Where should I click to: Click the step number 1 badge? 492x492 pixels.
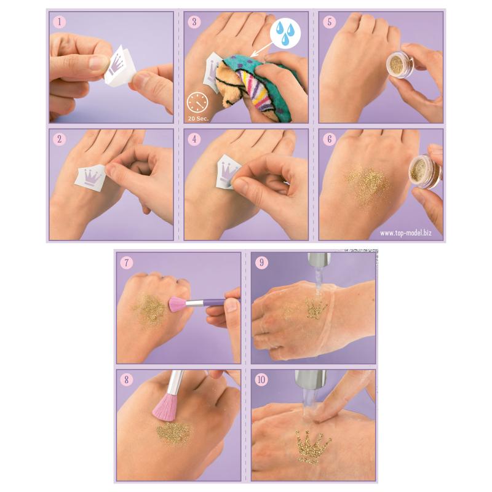[x=59, y=22]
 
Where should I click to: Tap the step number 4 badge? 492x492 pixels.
[x=194, y=140]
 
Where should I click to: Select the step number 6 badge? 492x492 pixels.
[x=330, y=140]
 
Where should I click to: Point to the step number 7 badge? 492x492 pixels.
[x=127, y=263]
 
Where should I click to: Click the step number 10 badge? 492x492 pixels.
[x=262, y=380]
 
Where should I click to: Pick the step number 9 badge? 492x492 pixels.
[x=262, y=263]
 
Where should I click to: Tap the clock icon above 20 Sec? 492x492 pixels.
[x=197, y=103]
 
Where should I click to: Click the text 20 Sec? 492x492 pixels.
[x=198, y=119]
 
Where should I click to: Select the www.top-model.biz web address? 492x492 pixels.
[x=406, y=233]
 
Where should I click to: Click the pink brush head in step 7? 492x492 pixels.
[x=178, y=304]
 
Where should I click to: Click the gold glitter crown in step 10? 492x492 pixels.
[x=312, y=446]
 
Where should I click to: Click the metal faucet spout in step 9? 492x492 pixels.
[x=318, y=259]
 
